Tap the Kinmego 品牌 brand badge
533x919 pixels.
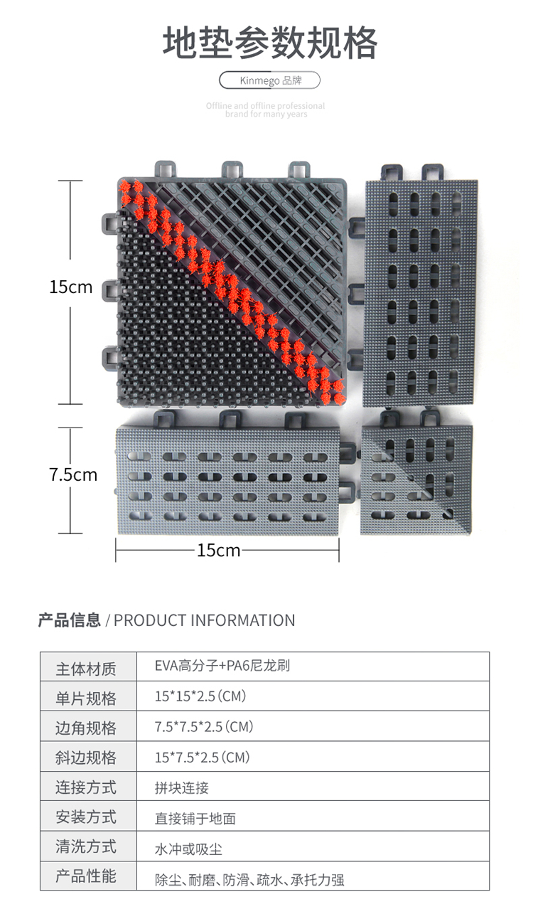click(270, 80)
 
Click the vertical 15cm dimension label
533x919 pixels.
click(71, 287)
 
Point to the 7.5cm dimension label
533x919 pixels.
click(72, 474)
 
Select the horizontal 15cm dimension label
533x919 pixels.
click(219, 550)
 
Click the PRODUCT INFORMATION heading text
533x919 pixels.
click(204, 620)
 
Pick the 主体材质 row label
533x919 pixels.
click(86, 669)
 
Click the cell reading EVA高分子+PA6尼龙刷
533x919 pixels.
click(222, 666)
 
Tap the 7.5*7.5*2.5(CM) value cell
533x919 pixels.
click(204, 727)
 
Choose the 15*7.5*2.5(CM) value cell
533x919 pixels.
click(203, 758)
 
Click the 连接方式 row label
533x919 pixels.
click(86, 787)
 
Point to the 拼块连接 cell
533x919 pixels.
click(182, 788)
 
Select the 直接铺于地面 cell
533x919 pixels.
click(195, 819)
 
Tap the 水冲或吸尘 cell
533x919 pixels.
click(189, 849)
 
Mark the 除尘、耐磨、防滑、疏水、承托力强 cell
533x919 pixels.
click(249, 880)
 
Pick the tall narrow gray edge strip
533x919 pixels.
click(420, 292)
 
